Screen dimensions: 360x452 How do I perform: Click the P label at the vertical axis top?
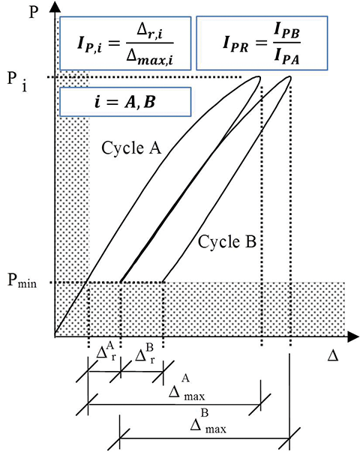[34, 12]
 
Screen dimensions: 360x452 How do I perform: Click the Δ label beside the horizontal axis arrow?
[333, 356]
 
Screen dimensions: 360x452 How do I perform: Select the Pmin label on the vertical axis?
[22, 281]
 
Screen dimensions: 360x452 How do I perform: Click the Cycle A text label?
[131, 148]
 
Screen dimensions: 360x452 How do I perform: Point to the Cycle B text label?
[226, 241]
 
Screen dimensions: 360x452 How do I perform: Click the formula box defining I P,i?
[125, 43]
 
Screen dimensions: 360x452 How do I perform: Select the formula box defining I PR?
[262, 43]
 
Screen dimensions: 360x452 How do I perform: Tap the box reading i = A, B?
[125, 102]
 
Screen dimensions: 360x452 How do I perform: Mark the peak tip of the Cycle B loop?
[289, 77]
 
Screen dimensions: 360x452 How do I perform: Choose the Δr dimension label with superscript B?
[145, 354]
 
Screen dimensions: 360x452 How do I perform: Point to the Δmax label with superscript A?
[187, 388]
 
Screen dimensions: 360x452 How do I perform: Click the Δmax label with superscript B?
[208, 421]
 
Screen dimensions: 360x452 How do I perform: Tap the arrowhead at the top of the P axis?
[55, 6]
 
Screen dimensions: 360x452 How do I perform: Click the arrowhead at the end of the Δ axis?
[353, 337]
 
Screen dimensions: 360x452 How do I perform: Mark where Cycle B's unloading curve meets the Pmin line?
[163, 282]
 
